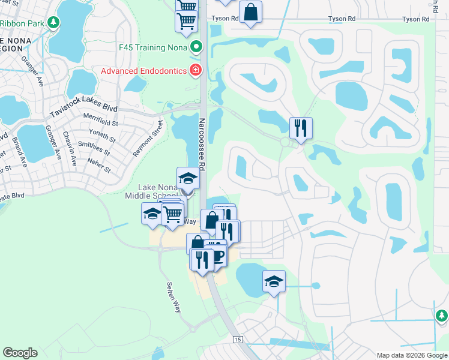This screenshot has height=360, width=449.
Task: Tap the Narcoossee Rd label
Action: pos(202,144)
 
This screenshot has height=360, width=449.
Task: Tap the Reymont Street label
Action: pos(148,139)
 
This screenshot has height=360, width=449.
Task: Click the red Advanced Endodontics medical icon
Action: pos(195,71)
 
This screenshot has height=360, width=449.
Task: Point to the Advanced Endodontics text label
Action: pos(143,71)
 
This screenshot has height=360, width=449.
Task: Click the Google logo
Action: pos(20,353)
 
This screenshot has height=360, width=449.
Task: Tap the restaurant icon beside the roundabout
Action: pos(300,127)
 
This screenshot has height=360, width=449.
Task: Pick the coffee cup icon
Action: pos(218,256)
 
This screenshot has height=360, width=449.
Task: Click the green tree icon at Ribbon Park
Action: pos(54,23)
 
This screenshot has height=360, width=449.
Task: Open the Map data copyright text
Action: pos(411,355)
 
